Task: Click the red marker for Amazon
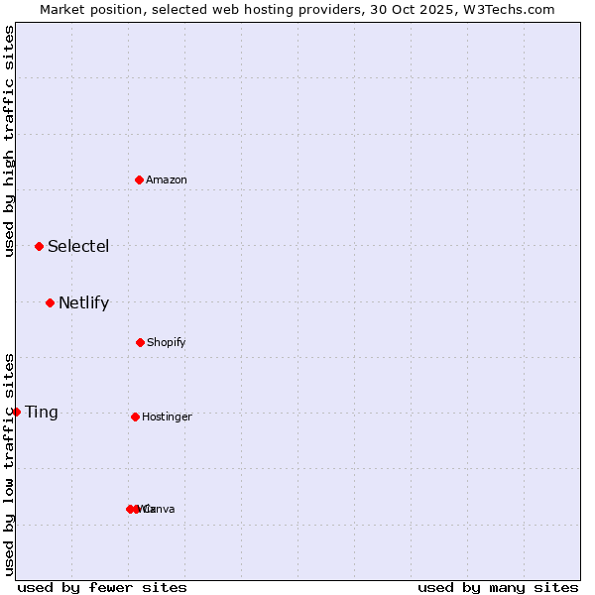point(140,179)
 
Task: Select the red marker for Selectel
point(39,246)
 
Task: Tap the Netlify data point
point(50,302)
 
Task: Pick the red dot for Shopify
point(140,342)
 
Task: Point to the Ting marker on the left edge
point(16,412)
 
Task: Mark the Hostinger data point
point(135,416)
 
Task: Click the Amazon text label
point(167,179)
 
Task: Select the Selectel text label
point(78,246)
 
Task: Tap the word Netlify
point(83,302)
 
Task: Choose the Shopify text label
point(167,342)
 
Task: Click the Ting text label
point(42,412)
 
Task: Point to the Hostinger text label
point(167,416)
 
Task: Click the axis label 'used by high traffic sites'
point(9,141)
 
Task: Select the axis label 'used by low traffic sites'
point(9,464)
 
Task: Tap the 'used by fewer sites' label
point(102,587)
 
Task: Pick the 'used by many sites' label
point(498,587)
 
